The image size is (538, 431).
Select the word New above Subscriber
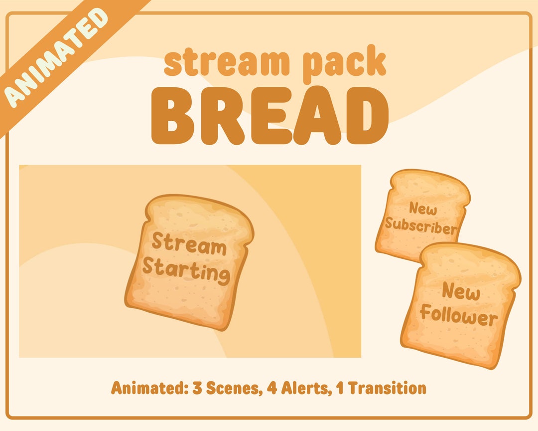423,209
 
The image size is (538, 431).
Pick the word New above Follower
461,291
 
